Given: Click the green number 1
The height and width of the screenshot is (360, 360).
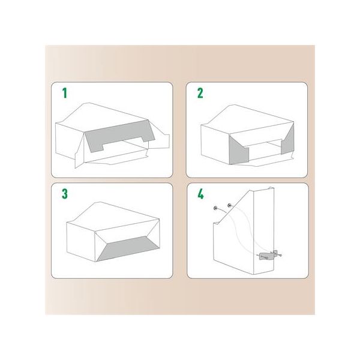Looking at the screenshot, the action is [65, 93].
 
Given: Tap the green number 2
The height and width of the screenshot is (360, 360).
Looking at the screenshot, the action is [200, 93].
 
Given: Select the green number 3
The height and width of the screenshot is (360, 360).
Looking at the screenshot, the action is [65, 194].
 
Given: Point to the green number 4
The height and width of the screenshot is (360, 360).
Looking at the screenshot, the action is [200, 194].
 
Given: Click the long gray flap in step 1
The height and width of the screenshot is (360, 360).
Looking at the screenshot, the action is [119, 136].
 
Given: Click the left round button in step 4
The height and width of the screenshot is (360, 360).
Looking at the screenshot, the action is [215, 208].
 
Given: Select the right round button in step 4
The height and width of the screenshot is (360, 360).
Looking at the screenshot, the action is [229, 205].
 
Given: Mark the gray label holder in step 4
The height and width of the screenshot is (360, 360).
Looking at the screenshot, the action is [267, 256].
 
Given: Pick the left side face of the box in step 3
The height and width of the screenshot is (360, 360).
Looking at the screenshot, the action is [81, 241].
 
